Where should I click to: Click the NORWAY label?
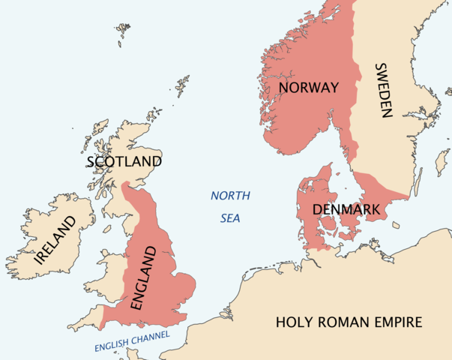pyautogui.click(x=308, y=88)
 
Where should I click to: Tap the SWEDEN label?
pyautogui.click(x=383, y=91)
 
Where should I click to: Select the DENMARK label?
pyautogui.click(x=346, y=208)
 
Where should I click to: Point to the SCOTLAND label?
pyautogui.click(x=124, y=161)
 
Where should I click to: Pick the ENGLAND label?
pyautogui.click(x=145, y=280)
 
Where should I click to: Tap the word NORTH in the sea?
pyautogui.click(x=230, y=196)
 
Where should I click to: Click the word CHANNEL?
pyautogui.click(x=151, y=337)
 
